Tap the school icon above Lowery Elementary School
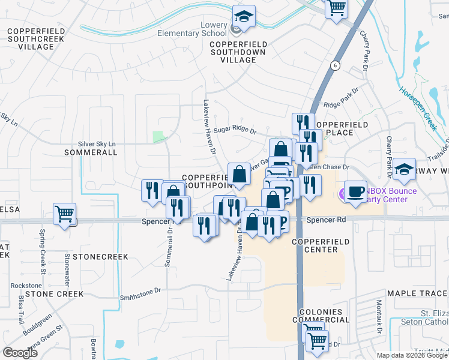pos(244,17)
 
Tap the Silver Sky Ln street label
pos(97,144)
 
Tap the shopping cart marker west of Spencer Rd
pos(64,214)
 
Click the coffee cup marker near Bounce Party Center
pos(355,191)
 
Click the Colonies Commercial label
pos(321,316)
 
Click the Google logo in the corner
pos(20,352)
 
